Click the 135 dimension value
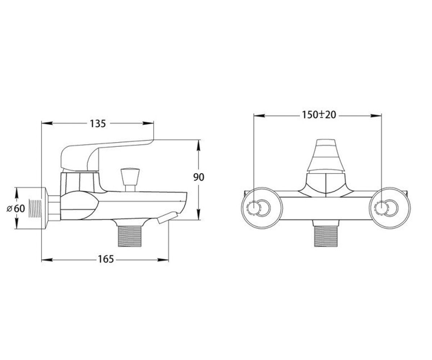(98, 124)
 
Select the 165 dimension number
(106, 259)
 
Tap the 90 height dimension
(199, 177)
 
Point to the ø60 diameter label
(16, 208)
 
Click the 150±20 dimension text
(319, 115)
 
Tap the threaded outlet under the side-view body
(130, 236)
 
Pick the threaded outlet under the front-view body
(326, 236)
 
